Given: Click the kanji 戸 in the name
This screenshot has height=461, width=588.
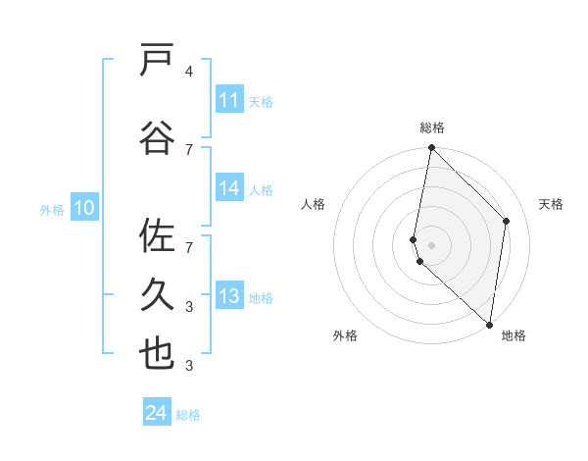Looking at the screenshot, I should point(157,61).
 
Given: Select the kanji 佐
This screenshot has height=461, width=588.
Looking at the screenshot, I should point(157,236).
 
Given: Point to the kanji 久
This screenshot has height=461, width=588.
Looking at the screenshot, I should point(157,294).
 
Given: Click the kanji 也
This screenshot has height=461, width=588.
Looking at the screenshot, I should point(157,355).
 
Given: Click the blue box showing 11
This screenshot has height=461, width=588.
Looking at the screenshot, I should point(229,100).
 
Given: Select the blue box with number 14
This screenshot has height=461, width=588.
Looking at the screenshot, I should point(229,189).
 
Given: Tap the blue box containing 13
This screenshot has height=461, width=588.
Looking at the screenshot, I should point(229,296).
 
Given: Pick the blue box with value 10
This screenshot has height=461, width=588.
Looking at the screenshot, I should point(84,208).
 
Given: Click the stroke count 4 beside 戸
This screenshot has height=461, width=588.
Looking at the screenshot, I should point(188,72).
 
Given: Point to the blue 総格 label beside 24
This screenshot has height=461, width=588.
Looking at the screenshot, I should point(188,415).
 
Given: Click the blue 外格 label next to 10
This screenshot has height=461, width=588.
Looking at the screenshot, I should point(51,209).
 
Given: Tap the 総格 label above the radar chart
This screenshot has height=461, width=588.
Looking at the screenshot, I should point(432,128).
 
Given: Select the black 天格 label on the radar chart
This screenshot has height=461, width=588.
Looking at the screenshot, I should point(551,204).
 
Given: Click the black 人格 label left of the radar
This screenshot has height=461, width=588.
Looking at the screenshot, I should point(314,204).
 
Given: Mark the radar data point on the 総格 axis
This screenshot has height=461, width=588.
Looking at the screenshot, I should point(432,148).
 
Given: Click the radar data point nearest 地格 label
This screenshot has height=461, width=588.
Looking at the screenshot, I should point(489,325).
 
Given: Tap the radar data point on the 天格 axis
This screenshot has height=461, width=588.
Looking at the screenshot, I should point(507,221).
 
